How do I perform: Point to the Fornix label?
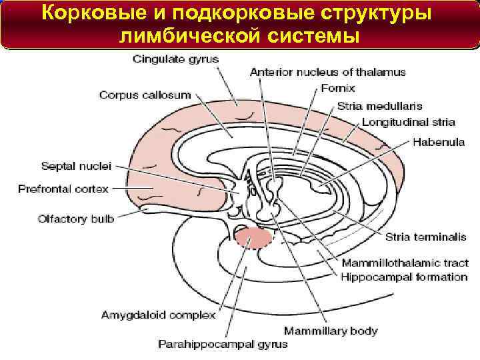338,88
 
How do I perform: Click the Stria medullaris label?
379,106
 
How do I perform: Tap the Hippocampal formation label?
405,277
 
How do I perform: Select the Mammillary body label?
331,330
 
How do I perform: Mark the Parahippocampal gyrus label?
223,345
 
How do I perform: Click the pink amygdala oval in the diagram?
253,236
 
